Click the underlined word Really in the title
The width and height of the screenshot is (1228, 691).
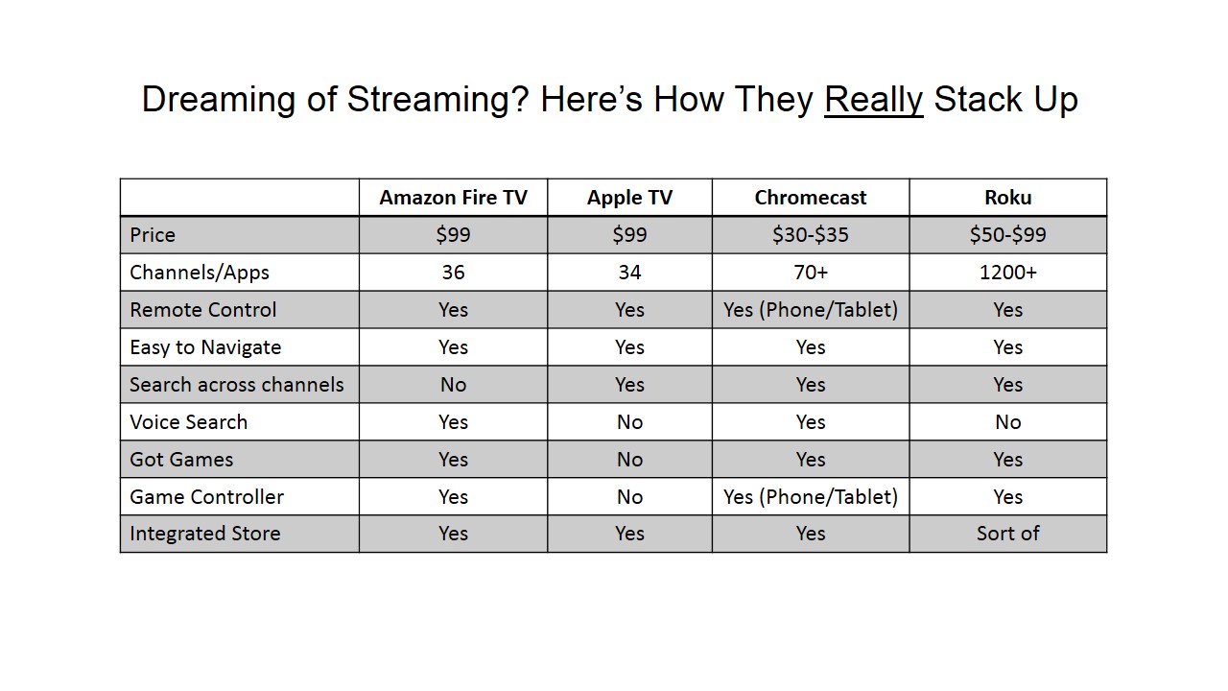tap(873, 100)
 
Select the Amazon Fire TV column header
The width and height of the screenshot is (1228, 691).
tap(453, 198)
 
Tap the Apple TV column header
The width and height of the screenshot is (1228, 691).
tap(629, 198)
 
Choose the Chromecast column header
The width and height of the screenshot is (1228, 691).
tap(811, 198)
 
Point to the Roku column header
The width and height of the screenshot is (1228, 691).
tap(1007, 198)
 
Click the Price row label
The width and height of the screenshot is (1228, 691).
tap(153, 235)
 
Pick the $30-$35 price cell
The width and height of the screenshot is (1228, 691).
tap(811, 235)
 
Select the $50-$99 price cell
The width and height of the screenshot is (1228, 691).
tap(1007, 235)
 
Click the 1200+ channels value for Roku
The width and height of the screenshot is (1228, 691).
tap(1007, 273)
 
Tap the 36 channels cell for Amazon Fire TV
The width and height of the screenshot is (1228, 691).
tap(453, 273)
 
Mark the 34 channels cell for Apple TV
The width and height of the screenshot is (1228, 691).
tap(629, 273)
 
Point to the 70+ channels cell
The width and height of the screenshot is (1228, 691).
tap(811, 273)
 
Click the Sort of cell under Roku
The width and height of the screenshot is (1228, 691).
tap(1007, 534)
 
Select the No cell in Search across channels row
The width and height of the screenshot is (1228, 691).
tap(453, 385)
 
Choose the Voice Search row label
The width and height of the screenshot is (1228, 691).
tap(189, 422)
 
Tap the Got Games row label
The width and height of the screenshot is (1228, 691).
tap(181, 460)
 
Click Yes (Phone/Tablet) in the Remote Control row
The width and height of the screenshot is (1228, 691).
tap(811, 310)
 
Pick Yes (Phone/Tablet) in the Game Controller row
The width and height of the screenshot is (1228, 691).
tap(811, 497)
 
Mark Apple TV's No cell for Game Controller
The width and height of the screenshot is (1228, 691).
tap(629, 497)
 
